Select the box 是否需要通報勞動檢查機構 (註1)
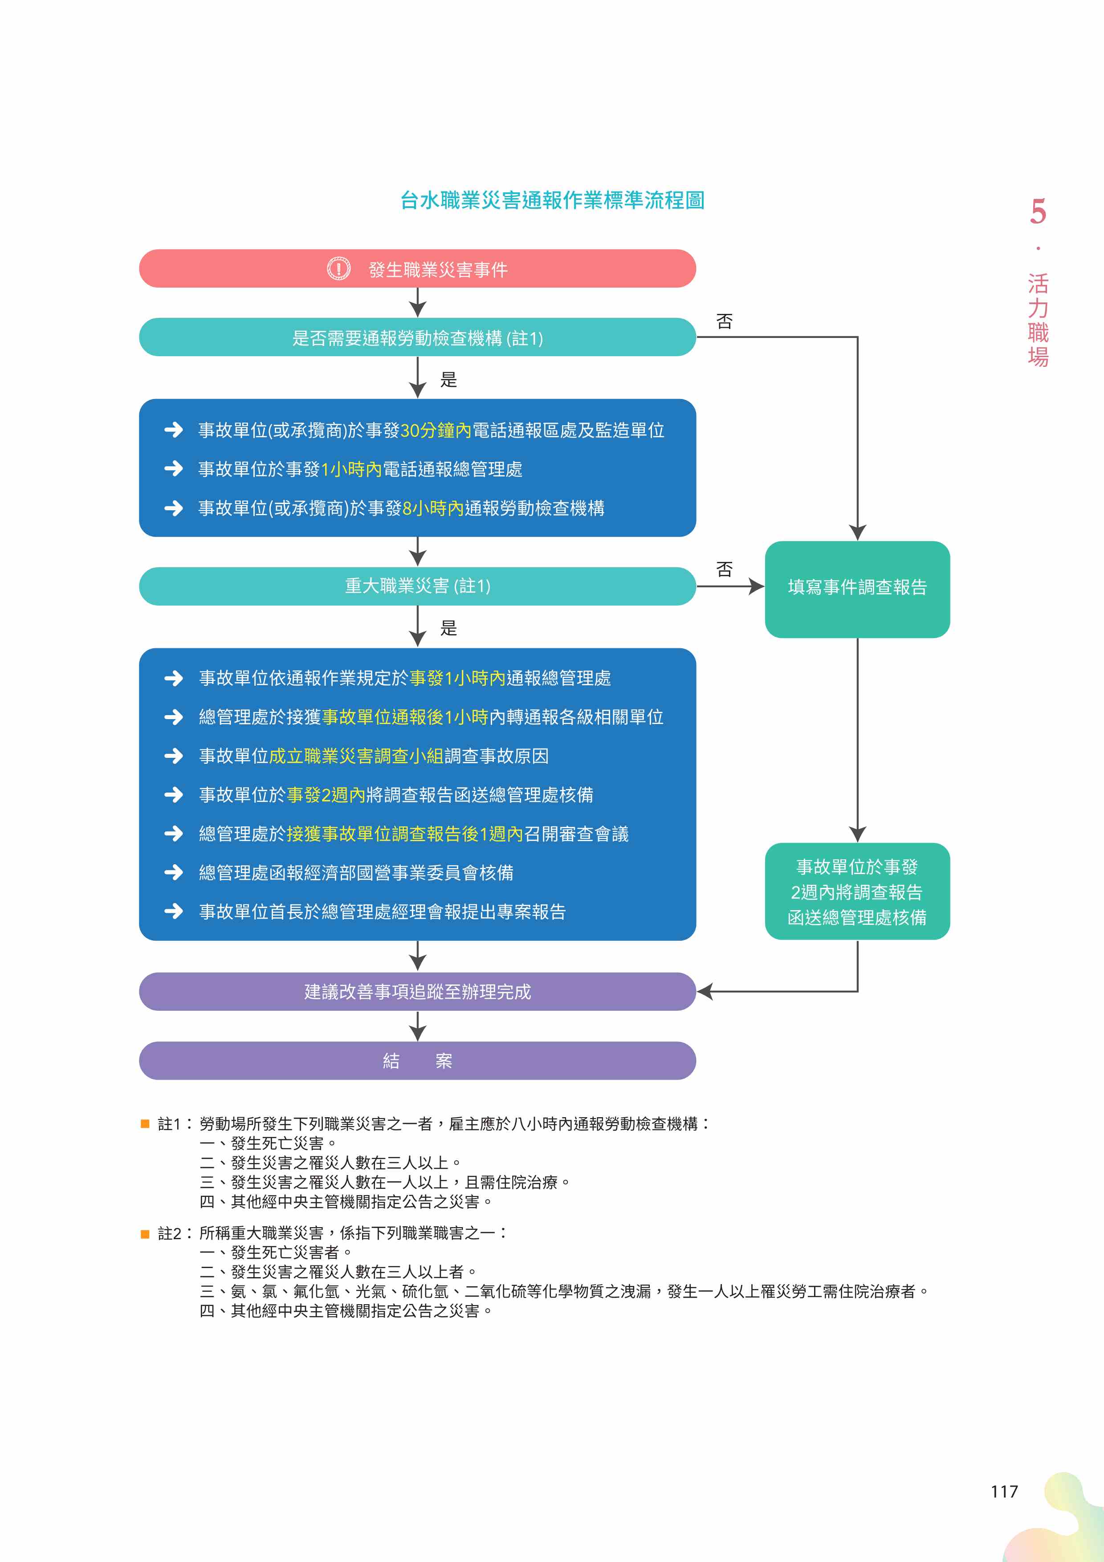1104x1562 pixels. pos(417,338)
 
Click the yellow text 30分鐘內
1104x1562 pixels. pos(436,431)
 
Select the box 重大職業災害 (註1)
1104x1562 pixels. pos(417,586)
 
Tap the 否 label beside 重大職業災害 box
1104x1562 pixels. pos(725,569)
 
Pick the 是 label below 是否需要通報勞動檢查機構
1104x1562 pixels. pos(449,380)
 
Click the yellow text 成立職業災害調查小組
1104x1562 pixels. pos(356,756)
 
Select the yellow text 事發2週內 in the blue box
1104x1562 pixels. pos(326,795)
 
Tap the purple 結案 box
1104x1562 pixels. pos(417,1061)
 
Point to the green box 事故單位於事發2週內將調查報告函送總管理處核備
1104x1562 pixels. pos(857,891)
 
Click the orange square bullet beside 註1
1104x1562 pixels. pos(145,1124)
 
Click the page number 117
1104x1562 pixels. pos(1004,1492)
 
